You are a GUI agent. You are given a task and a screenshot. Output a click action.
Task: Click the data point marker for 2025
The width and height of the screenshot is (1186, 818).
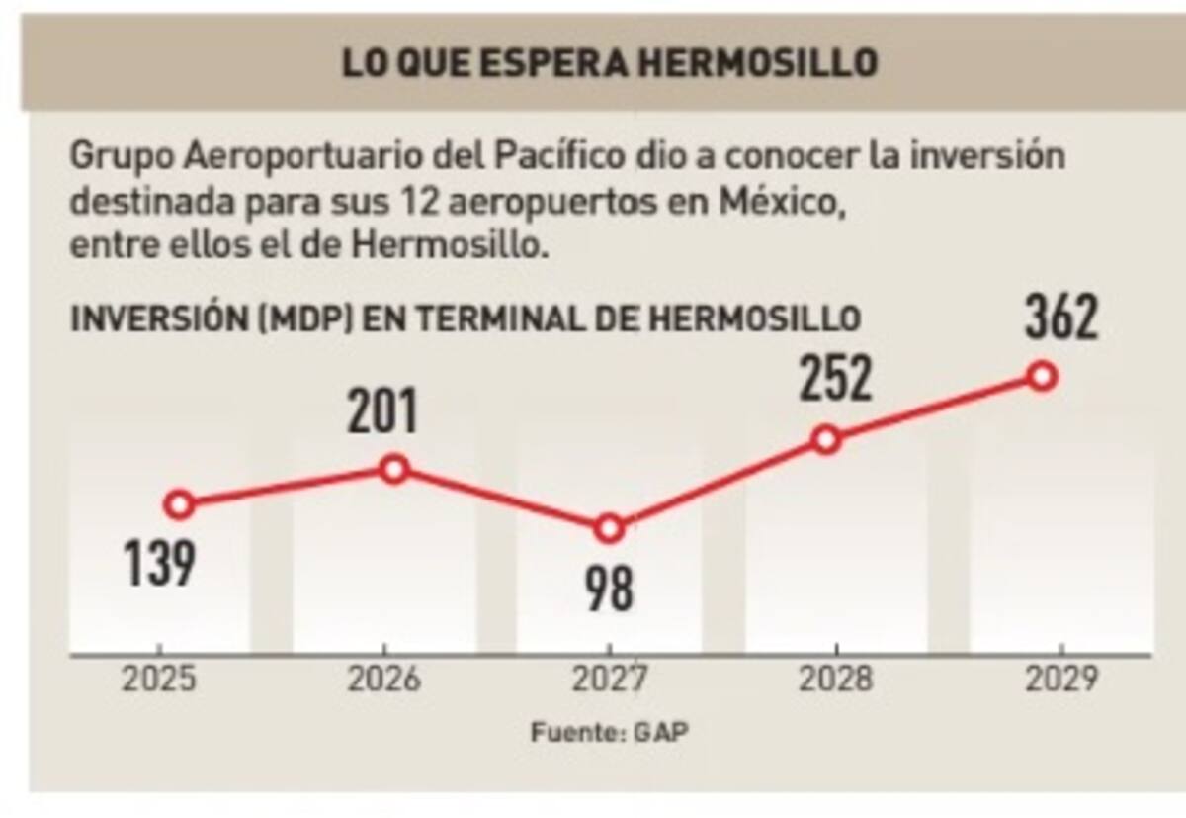179,505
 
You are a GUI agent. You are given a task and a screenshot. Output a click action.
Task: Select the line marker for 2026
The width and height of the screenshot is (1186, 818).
394,469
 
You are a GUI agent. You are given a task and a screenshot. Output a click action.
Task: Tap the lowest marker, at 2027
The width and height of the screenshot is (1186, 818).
610,529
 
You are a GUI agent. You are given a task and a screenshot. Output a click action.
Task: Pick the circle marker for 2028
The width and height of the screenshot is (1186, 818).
827,440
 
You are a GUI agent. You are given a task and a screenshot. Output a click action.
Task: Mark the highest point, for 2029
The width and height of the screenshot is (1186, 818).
1042,376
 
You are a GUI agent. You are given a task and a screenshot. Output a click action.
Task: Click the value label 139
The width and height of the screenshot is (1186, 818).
159,564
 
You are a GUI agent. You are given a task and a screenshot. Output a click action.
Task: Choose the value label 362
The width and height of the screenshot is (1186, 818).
1061,318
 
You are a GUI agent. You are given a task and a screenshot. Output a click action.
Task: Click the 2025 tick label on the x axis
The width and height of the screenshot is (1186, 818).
159,681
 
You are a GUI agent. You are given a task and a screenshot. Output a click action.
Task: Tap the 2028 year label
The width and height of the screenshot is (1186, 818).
836,681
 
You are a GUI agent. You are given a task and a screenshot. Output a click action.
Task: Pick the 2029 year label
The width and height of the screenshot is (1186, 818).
1060,681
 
